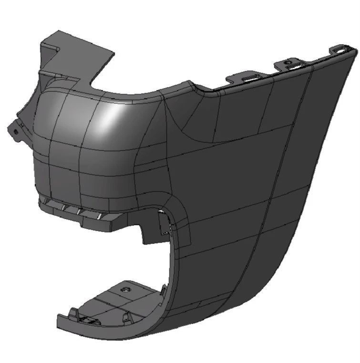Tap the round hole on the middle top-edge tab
288,62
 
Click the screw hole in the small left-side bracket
15,131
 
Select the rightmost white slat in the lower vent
99,216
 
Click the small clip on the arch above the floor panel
164,288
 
